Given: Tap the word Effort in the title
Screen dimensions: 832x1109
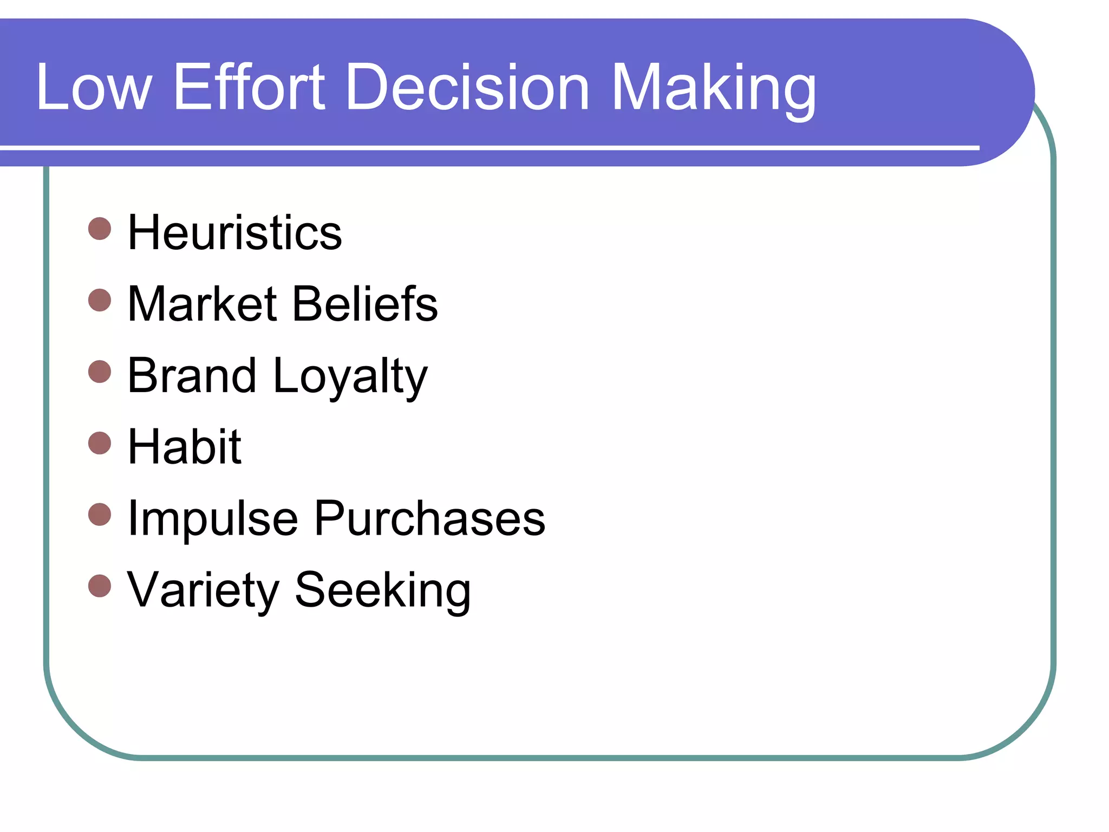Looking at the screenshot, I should (x=249, y=87).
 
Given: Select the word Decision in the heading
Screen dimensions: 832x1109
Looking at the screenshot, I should (x=467, y=87).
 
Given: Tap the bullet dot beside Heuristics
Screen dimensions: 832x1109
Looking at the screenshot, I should (x=100, y=229).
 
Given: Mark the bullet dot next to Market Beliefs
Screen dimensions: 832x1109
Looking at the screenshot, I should (x=100, y=300).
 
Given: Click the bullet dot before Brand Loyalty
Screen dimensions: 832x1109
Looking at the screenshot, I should (x=100, y=372).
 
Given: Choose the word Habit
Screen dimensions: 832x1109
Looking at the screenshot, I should (x=184, y=446).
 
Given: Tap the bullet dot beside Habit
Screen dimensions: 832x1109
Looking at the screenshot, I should (x=100, y=443).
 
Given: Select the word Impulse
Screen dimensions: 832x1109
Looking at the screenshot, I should (x=212, y=519).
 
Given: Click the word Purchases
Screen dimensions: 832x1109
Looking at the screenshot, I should (x=429, y=518).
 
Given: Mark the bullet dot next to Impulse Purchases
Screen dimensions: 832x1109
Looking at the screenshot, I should (x=100, y=515).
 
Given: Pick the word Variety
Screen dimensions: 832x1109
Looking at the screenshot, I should (x=203, y=590).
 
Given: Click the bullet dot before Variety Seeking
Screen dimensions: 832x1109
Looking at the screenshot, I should (x=100, y=586).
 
